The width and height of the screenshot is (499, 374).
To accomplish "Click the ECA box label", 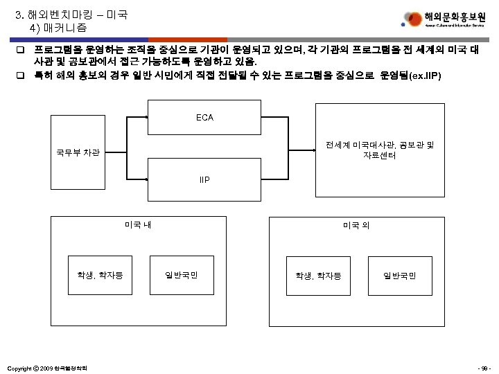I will coord(204,118).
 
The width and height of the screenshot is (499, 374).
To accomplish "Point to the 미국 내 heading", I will coord(138,224).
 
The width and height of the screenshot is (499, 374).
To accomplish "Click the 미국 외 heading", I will coord(357,226).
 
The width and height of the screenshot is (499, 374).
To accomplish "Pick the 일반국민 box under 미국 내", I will coord(182,276).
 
